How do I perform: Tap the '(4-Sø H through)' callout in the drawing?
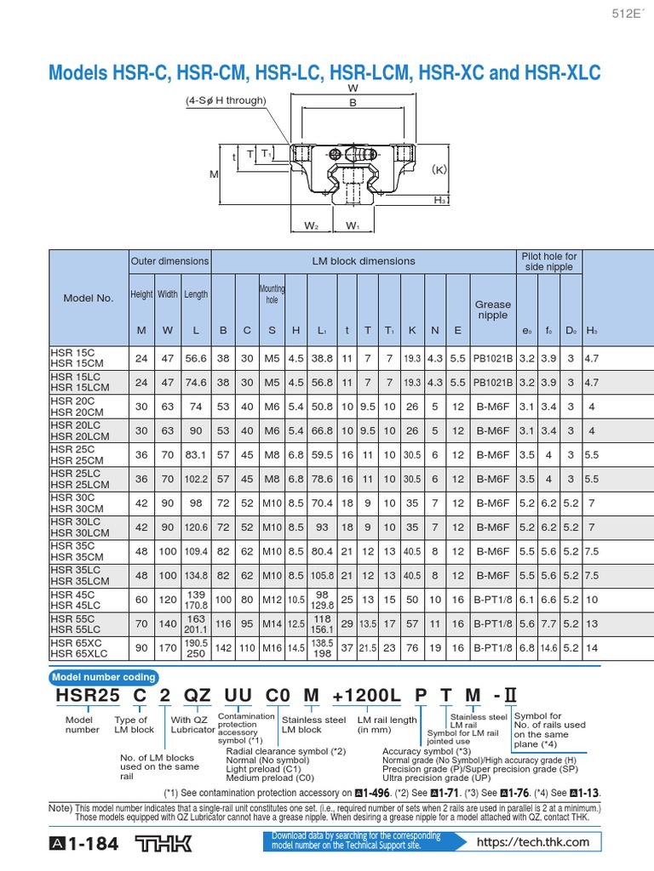226,100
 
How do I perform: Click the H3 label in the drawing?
440,199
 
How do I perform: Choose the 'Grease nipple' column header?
493,310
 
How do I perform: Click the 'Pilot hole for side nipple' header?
548,261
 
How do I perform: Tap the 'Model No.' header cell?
89,298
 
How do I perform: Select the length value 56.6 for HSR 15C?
196,358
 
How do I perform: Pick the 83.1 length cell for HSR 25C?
196,454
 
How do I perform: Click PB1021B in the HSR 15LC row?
493,382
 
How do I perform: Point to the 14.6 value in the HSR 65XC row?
548,648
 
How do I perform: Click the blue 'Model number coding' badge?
105,677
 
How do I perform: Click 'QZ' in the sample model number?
197,696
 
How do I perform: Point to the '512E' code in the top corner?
628,13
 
